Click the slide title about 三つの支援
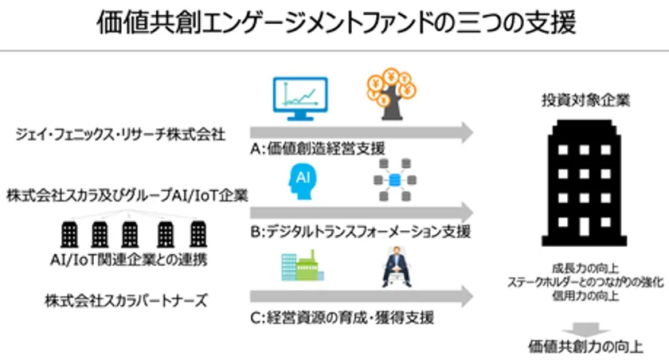334,22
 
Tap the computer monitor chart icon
300,100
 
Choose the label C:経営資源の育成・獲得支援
342,319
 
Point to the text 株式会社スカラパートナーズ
115,300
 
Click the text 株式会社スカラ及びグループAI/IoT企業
127,194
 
